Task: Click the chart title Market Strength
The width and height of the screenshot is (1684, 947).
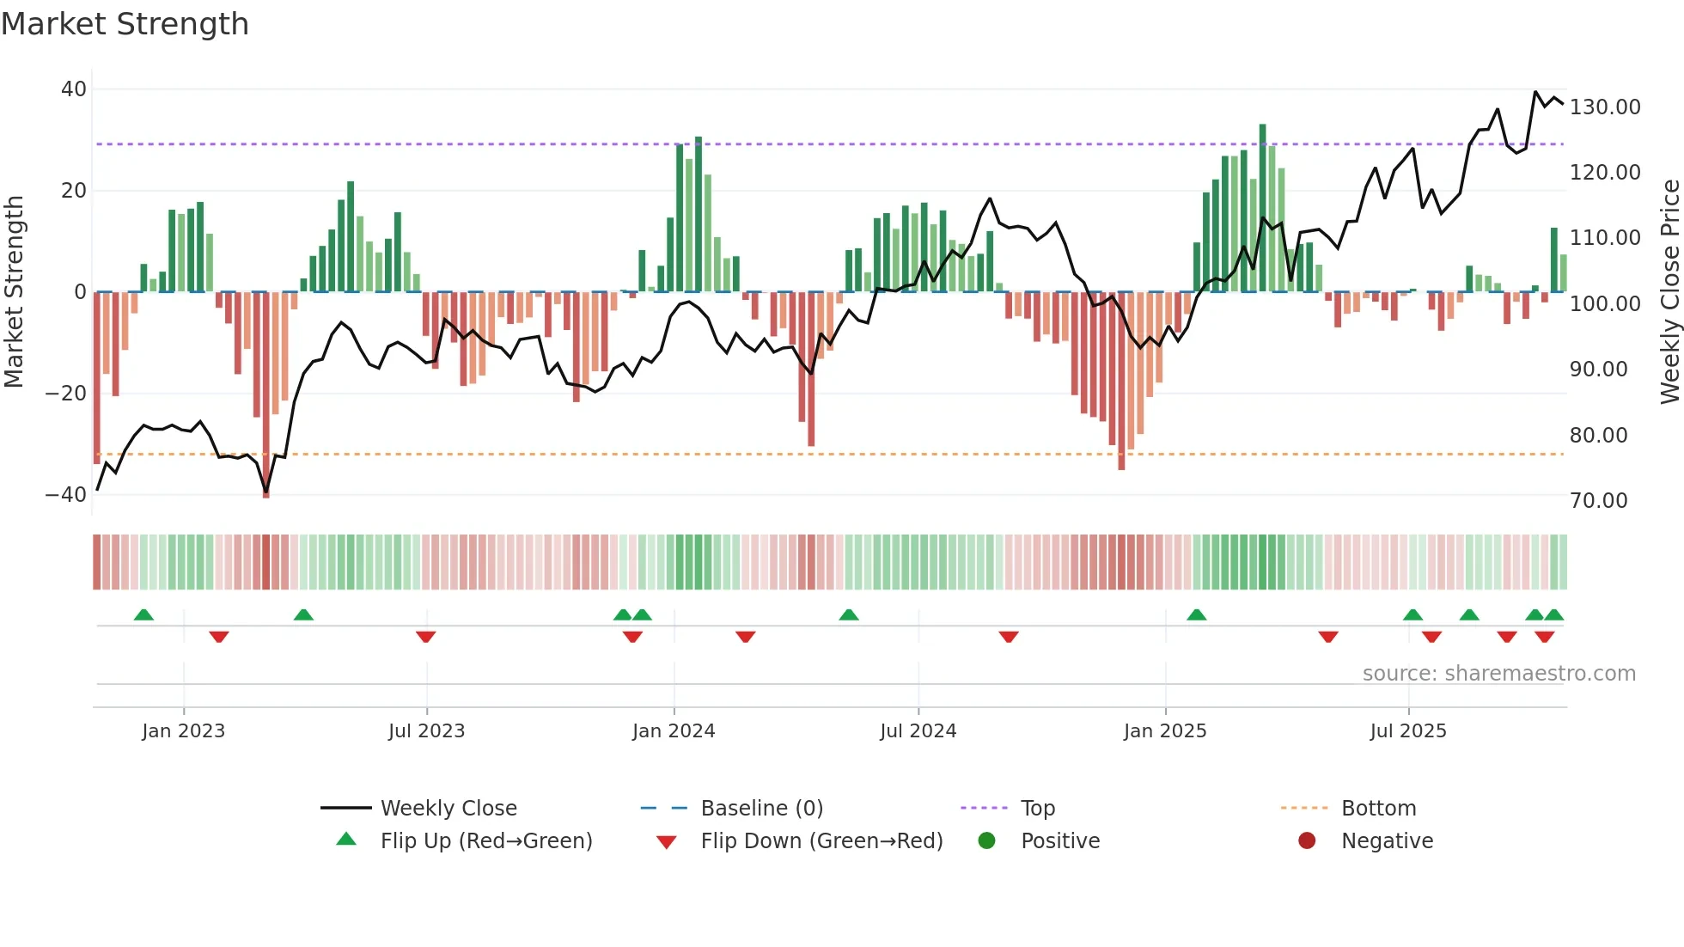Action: (125, 24)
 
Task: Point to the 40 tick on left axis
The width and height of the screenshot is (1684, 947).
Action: (74, 89)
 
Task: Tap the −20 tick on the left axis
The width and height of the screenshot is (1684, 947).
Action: (66, 394)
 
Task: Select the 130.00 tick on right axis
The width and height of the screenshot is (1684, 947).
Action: (1604, 107)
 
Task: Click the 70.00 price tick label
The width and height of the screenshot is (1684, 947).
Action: (1598, 501)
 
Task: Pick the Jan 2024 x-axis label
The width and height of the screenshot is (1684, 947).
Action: (673, 731)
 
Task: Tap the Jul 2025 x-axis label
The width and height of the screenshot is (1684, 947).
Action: (1407, 731)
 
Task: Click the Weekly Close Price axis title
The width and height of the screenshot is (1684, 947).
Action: (1669, 292)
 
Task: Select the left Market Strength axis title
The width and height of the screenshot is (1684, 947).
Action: (15, 292)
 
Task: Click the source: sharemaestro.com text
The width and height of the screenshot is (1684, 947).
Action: (1498, 674)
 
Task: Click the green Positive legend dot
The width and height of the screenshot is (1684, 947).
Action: (986, 841)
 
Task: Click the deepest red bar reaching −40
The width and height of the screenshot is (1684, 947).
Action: (266, 395)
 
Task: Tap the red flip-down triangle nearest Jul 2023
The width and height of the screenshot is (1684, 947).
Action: (425, 637)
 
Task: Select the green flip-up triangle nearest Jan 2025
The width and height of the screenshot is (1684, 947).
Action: (1196, 614)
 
